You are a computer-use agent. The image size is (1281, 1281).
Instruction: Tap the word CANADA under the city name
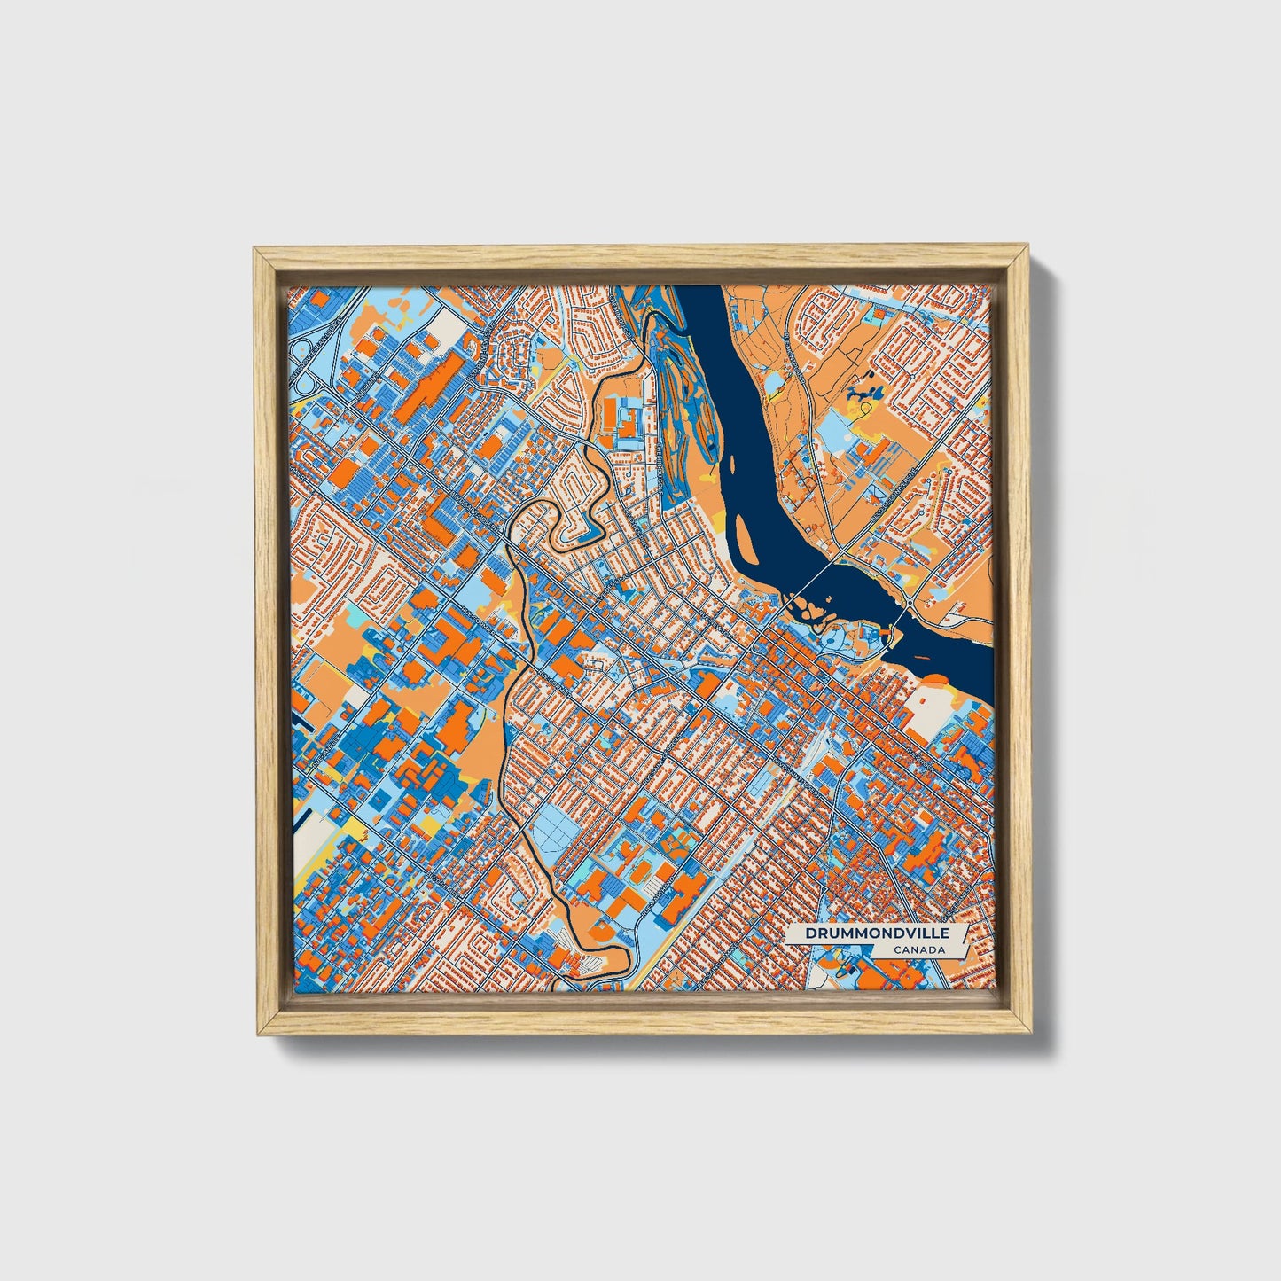(918, 949)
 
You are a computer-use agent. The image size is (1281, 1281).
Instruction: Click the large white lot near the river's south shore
(927, 714)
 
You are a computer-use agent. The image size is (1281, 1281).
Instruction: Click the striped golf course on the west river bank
(674, 390)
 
